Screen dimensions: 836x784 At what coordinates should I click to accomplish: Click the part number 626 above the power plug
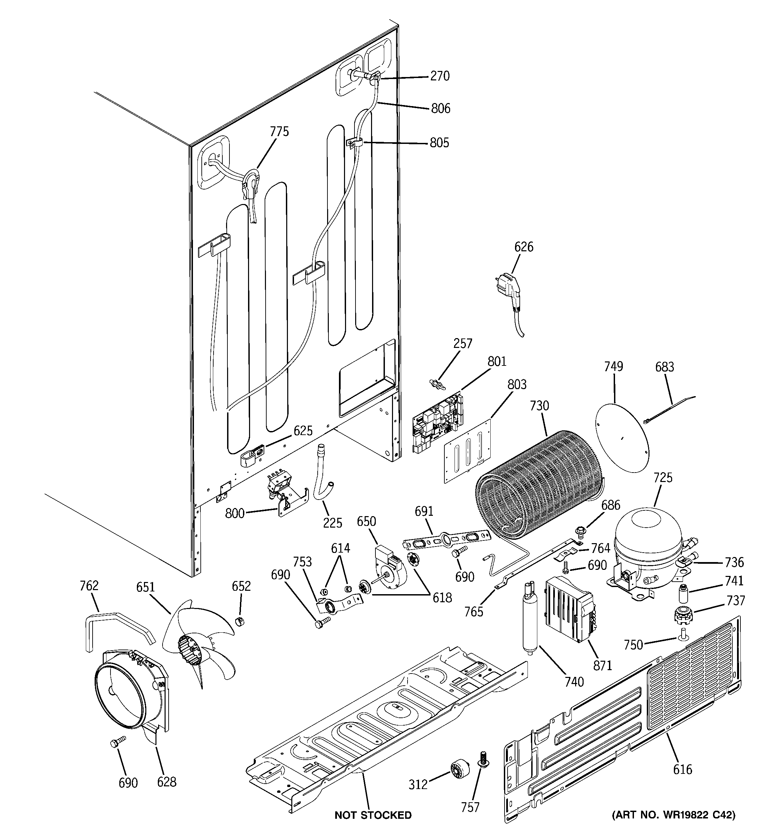[x=523, y=247]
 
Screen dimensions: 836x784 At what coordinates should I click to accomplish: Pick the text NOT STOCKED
[x=373, y=815]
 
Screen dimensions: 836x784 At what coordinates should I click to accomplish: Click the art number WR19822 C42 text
[x=673, y=815]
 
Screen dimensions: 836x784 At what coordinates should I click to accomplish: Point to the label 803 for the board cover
[x=517, y=384]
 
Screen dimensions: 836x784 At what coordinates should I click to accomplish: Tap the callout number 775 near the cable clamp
[x=279, y=132]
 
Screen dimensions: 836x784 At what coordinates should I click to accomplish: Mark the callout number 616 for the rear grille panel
[x=682, y=769]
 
